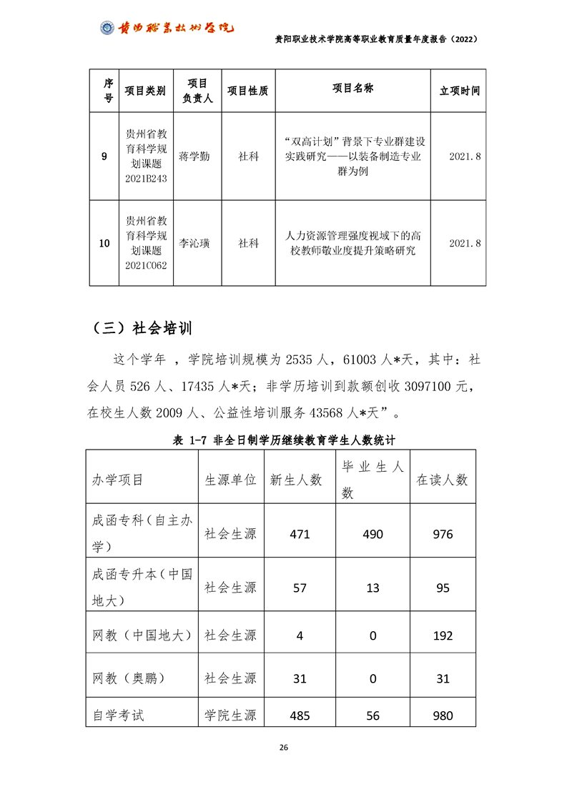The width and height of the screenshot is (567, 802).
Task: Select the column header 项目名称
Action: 352,88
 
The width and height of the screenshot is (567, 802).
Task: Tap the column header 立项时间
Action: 460,91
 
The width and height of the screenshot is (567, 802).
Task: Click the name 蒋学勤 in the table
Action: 194,157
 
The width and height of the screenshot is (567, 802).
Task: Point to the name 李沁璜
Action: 194,243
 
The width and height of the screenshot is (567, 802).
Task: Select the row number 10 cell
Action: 104,244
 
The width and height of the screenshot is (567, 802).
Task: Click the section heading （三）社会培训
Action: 142,328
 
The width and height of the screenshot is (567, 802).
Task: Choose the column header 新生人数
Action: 295,480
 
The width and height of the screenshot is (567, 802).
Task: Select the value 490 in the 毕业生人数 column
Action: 373,534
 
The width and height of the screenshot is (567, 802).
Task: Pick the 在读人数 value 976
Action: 443,534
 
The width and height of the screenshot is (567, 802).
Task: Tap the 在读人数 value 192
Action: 443,636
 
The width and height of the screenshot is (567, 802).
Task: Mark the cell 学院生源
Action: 230,715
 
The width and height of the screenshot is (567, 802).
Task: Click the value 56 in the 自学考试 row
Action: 373,715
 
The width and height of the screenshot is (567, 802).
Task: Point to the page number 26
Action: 283,748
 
